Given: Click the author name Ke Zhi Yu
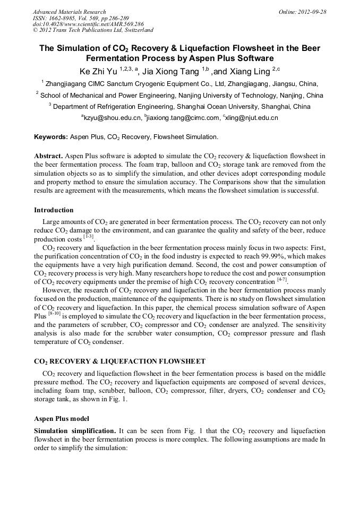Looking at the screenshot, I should click(x=98, y=70).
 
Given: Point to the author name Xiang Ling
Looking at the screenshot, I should click(x=251, y=70).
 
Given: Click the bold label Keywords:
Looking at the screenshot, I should click(x=51, y=137).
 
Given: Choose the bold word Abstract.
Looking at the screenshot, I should click(x=48, y=156).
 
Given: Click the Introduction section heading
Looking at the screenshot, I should click(x=54, y=210).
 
